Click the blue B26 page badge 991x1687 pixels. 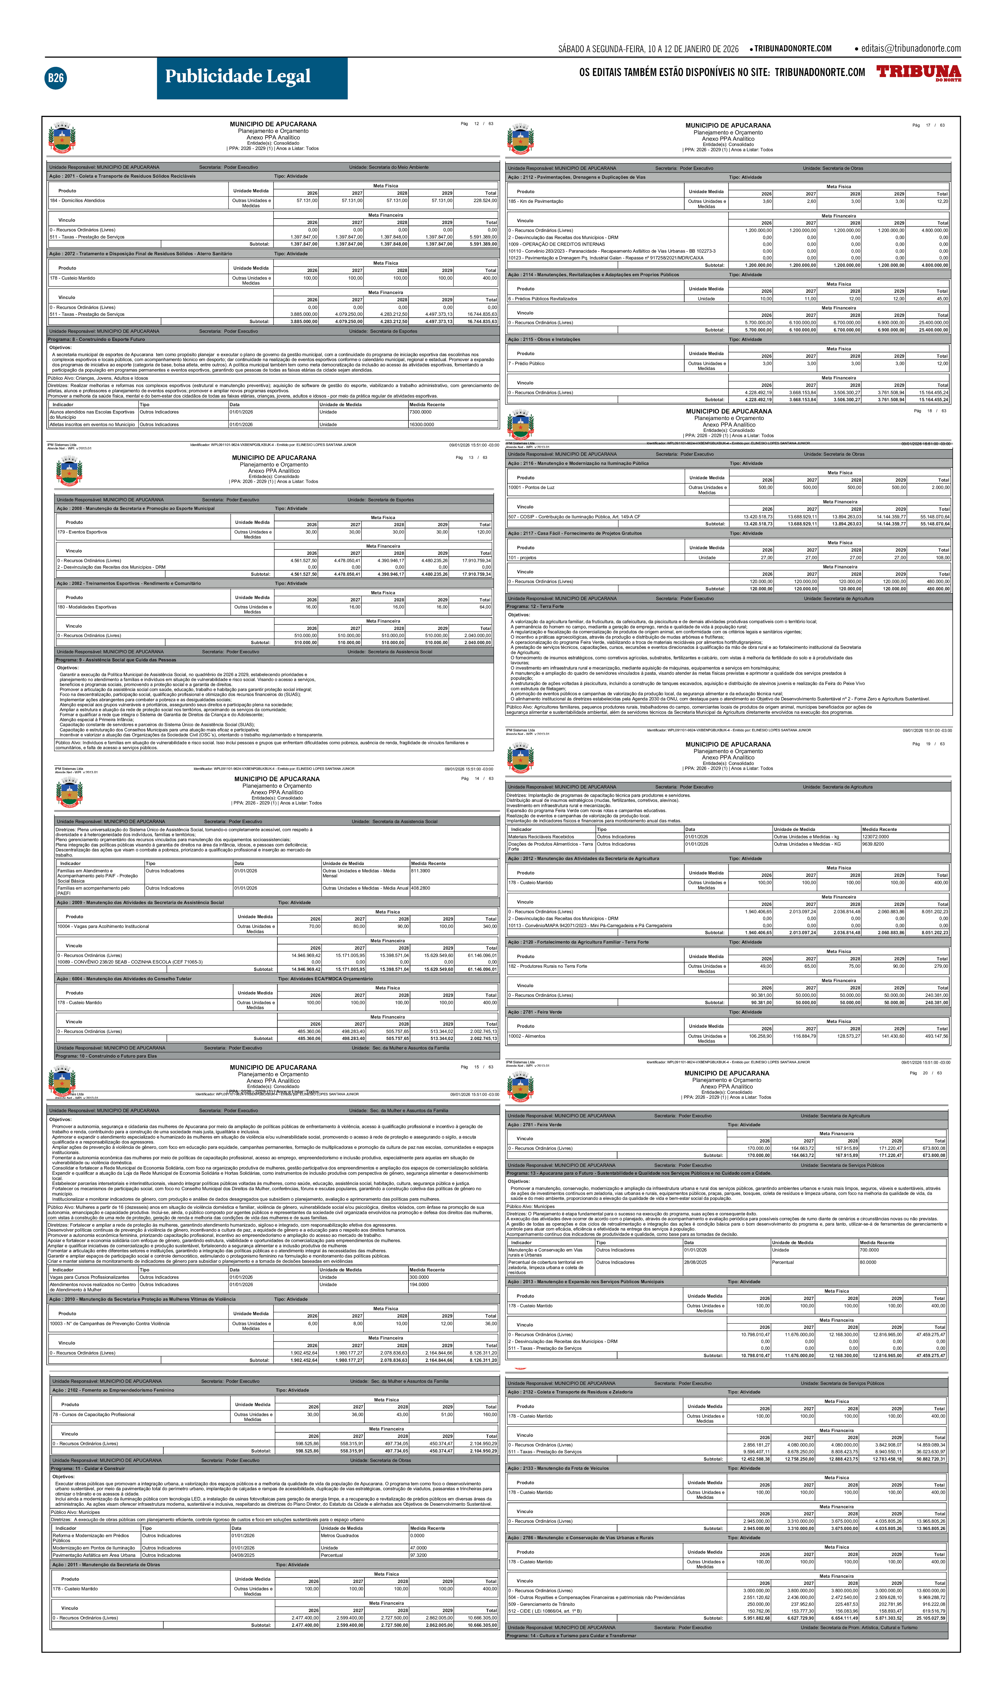pos(56,78)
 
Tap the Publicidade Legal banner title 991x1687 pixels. pos(238,76)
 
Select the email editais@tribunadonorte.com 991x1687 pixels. pos(911,48)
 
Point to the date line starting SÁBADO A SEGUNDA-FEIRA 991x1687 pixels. pos(648,49)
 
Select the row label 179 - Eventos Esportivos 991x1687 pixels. pos(82,532)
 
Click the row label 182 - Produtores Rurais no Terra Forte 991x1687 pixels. pos(548,966)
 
